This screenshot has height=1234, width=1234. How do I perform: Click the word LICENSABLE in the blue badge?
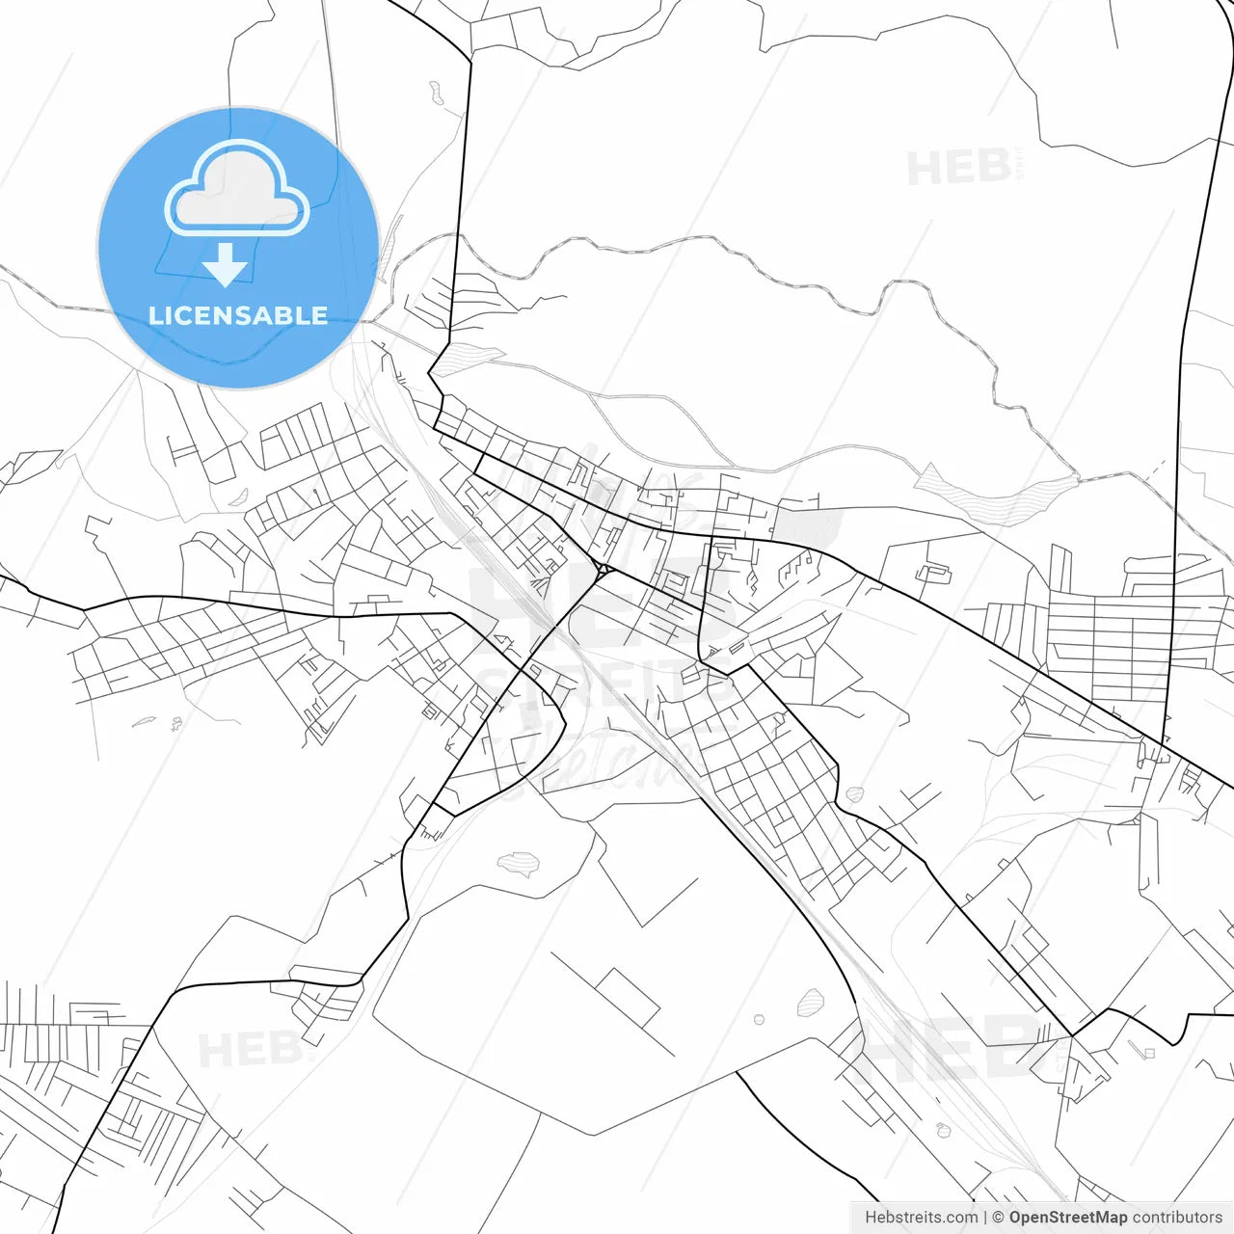pos(238,315)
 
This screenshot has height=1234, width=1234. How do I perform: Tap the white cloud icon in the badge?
pos(237,190)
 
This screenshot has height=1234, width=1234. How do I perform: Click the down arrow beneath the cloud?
pos(227,265)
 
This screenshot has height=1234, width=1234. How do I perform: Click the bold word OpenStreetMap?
pos(1068,1218)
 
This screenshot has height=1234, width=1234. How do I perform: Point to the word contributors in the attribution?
pos(1177,1218)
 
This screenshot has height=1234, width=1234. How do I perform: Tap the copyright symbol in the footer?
pos(998,1218)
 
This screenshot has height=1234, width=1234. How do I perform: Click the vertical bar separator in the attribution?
pos(985,1218)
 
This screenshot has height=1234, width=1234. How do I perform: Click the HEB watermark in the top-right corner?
pos(959,168)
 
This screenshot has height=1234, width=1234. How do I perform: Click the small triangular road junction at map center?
pos(601,569)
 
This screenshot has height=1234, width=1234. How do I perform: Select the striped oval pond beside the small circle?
pos(811,1003)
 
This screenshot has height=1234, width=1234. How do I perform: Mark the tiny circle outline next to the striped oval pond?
pos(759,1018)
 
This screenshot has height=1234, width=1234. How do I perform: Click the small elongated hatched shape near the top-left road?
pos(436,94)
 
